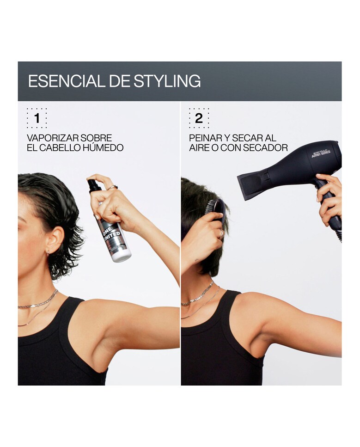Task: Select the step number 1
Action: coord(37,118)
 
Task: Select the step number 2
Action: coord(199,118)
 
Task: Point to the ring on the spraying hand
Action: coord(112,187)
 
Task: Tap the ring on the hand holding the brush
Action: coord(221,234)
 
